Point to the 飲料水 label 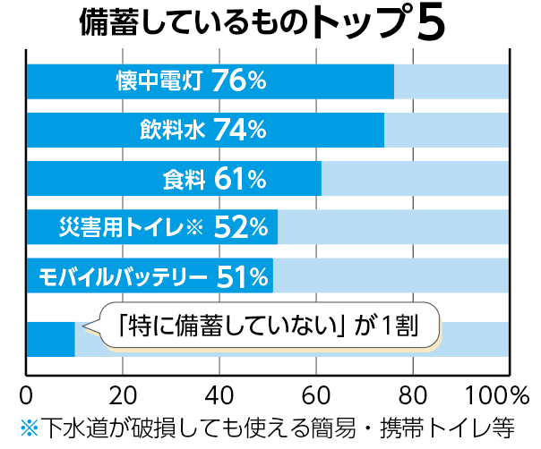[x=173, y=131]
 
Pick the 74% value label [x=239, y=131]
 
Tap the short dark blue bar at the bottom [x=50, y=339]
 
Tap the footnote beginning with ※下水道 [x=270, y=426]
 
